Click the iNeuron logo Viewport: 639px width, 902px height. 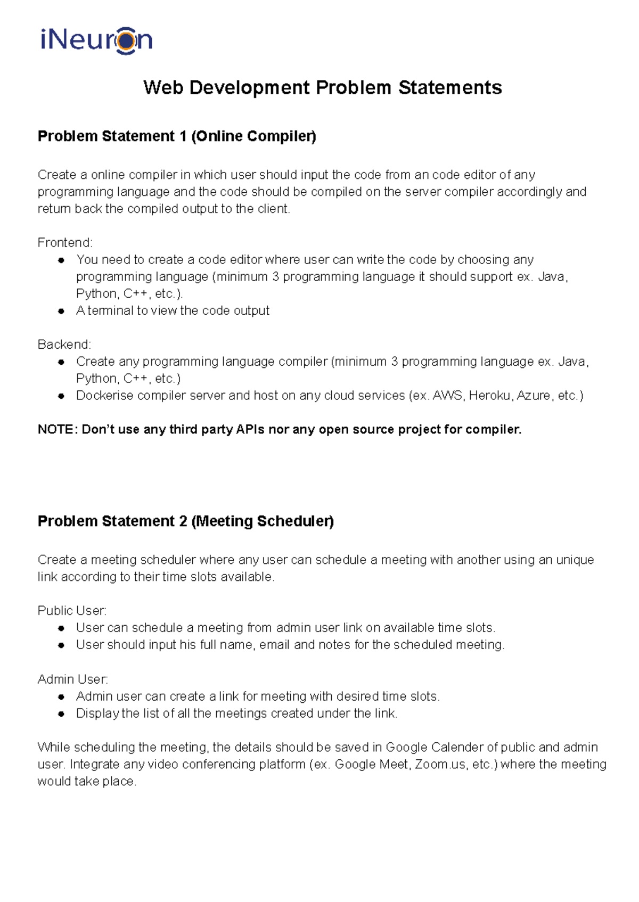click(x=96, y=40)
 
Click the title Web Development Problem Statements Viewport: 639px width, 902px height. click(x=322, y=88)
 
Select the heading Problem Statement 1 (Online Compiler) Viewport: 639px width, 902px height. click(x=177, y=136)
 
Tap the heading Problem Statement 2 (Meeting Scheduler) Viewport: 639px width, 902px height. click(x=185, y=521)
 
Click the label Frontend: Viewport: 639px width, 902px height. click(x=65, y=243)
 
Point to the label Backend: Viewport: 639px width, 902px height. click(x=64, y=345)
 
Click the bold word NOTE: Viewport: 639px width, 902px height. click(x=58, y=430)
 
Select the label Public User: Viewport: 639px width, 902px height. click(x=72, y=611)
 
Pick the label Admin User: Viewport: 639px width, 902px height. click(x=72, y=679)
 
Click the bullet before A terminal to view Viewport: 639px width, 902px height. click(x=61, y=311)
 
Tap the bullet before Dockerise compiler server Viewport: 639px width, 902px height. click(x=61, y=396)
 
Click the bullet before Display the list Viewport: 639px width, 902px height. click(x=61, y=714)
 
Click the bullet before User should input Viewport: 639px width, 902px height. click(x=61, y=645)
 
